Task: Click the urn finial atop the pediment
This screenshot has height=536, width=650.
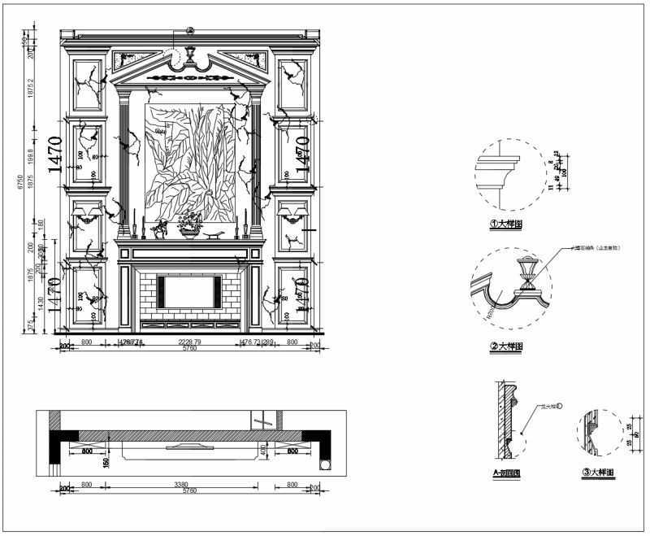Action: [x=191, y=56]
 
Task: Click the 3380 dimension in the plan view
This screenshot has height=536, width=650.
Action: [x=183, y=486]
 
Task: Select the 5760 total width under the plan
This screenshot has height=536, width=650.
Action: [x=189, y=491]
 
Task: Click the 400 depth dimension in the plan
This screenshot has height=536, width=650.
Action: [x=262, y=450]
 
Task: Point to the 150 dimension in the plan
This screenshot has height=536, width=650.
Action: [x=106, y=463]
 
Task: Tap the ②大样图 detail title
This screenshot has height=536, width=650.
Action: [x=505, y=346]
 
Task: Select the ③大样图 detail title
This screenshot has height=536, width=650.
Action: [x=598, y=472]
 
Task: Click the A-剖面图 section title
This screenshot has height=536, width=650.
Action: [x=506, y=473]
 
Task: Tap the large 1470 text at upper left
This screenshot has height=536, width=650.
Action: [x=54, y=155]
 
